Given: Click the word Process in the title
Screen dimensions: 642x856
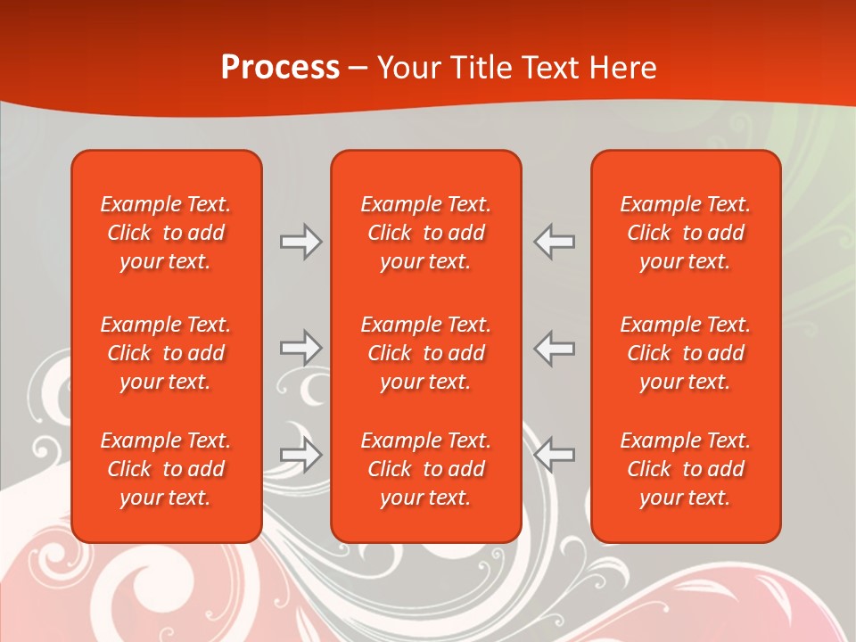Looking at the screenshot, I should [x=280, y=68].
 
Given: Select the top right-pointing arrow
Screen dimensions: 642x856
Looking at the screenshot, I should [x=301, y=242].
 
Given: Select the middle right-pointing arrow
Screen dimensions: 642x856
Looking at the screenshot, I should [x=301, y=348].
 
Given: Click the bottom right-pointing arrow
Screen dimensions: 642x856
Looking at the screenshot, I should [x=301, y=455].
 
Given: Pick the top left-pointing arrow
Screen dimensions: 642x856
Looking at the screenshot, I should [x=554, y=242].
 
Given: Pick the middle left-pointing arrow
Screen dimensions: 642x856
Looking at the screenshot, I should [x=554, y=348].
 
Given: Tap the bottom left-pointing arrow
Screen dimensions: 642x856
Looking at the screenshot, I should [x=554, y=455].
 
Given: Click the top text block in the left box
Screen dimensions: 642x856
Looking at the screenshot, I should [x=166, y=233].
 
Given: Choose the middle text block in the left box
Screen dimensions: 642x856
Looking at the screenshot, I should [x=166, y=353].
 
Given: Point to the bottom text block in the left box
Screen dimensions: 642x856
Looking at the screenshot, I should [x=166, y=469].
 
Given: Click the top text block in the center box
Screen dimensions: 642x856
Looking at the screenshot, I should [x=426, y=233].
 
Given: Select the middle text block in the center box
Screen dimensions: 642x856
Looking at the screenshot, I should [x=426, y=353].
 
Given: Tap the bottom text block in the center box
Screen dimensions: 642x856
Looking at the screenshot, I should [x=426, y=469].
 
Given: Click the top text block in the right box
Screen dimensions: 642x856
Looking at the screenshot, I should [x=686, y=233].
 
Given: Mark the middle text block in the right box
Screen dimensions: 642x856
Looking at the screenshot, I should [x=686, y=353].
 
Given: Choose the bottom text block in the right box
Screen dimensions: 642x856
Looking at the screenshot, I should [x=686, y=469].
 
